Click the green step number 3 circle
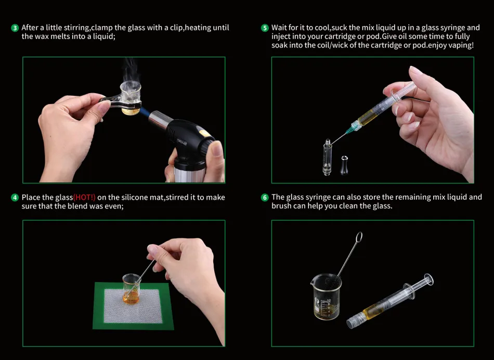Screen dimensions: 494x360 click(x=15, y=28)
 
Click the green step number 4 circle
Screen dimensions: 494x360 click(x=15, y=198)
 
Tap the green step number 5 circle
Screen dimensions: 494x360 click(x=265, y=28)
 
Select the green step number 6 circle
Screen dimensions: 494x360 click(x=265, y=197)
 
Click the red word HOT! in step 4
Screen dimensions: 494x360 click(x=84, y=197)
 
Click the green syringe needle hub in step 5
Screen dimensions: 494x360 click(x=353, y=127)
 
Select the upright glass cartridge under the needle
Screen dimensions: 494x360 click(x=327, y=157)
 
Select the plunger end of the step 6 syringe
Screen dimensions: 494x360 click(x=428, y=280)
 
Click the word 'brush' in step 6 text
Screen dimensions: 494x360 click(x=281, y=206)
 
